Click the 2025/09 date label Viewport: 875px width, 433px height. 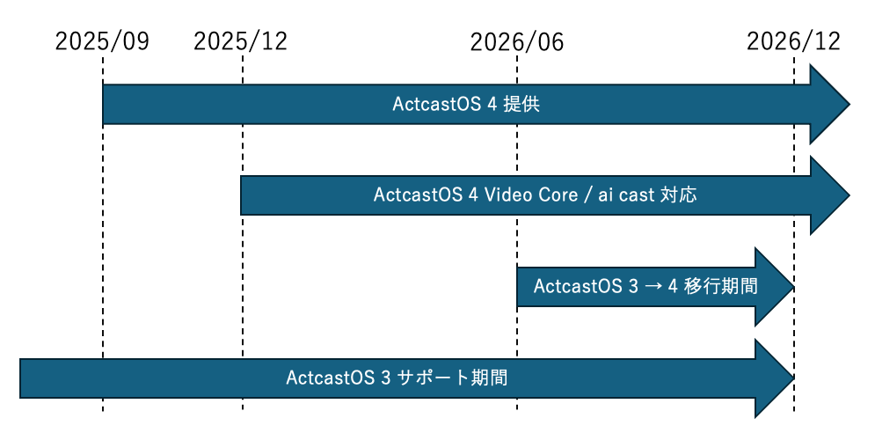coord(102,41)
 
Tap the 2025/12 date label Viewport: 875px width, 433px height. coord(240,41)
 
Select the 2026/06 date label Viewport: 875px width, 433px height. coord(516,41)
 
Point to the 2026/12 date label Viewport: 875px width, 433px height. coord(793,41)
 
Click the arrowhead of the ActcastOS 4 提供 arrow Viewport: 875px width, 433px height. coord(828,105)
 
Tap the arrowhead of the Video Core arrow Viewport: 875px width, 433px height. coord(828,195)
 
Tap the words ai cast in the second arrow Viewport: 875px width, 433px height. coord(626,195)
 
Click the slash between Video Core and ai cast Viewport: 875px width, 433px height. coord(586,195)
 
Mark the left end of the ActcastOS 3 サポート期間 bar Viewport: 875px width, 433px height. coord(22,378)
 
